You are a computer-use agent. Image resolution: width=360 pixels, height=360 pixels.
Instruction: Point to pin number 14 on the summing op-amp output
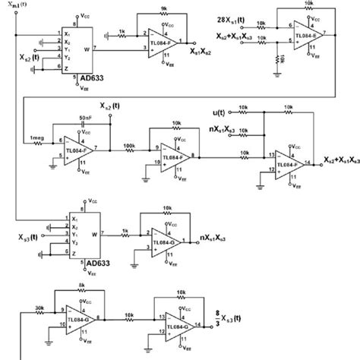click(308, 161)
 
